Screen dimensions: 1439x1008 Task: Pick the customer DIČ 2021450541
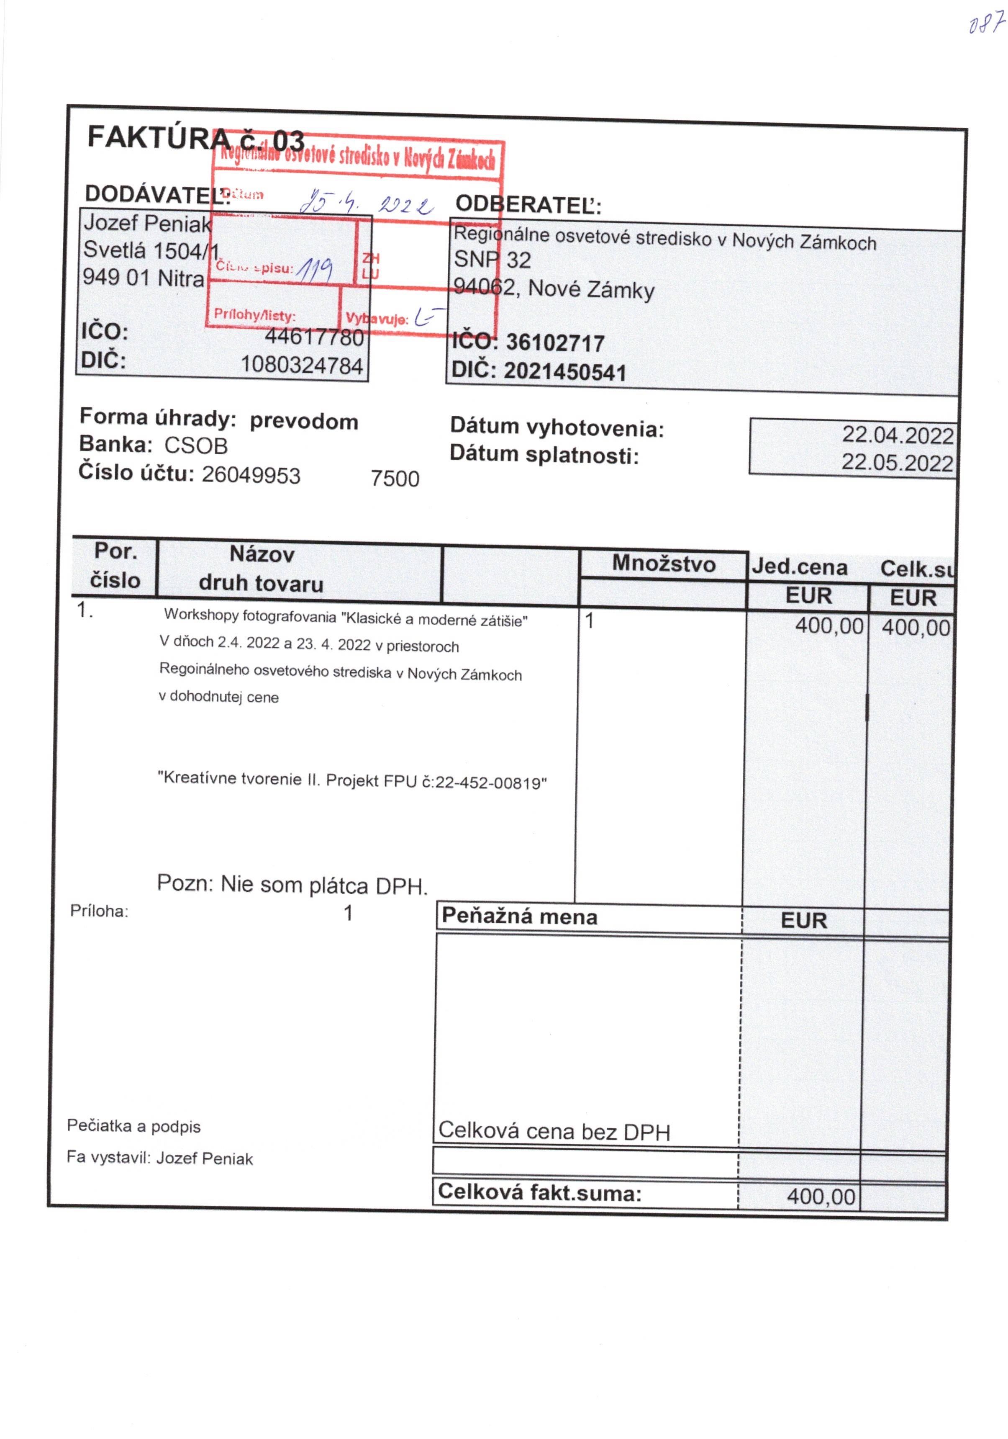pos(565,372)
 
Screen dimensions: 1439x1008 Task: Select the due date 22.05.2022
pos(897,463)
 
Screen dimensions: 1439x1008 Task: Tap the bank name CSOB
pos(196,445)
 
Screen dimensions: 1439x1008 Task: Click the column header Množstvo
pos(664,564)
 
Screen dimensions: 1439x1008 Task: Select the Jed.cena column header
pos(799,567)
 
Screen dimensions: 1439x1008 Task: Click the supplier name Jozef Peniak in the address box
pos(147,223)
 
